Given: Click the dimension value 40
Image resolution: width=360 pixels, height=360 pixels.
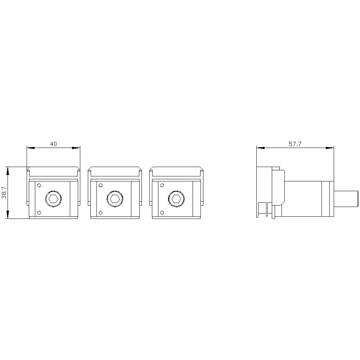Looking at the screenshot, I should click(x=53, y=144).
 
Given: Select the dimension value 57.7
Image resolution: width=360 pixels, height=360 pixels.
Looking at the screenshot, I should click(x=295, y=144).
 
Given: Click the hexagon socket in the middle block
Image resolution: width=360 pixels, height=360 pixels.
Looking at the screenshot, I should click(x=115, y=198).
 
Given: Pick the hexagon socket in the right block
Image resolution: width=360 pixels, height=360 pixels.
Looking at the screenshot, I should click(x=176, y=198).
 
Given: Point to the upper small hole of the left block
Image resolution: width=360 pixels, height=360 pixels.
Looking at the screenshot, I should click(x=39, y=185).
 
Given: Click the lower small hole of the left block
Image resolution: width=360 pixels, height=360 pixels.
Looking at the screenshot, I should click(x=39, y=212).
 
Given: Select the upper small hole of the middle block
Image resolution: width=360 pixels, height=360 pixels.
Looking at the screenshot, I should click(x=100, y=185).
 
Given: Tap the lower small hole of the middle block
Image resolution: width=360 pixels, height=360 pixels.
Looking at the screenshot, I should click(x=100, y=212).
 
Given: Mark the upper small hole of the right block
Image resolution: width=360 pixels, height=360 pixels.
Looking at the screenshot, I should click(x=162, y=185).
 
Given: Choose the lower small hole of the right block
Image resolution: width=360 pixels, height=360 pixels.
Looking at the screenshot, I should click(x=162, y=212).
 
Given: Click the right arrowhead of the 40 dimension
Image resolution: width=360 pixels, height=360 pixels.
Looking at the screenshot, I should click(x=77, y=148).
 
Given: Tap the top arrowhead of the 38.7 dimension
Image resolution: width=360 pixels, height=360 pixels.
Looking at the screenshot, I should click(x=8, y=170).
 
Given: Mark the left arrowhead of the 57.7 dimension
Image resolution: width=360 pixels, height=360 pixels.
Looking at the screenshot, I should click(x=260, y=148).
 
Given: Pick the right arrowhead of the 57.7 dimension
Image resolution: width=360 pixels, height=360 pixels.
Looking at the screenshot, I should click(x=330, y=148).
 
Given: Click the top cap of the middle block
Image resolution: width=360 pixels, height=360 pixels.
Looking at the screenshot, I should click(x=114, y=171).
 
